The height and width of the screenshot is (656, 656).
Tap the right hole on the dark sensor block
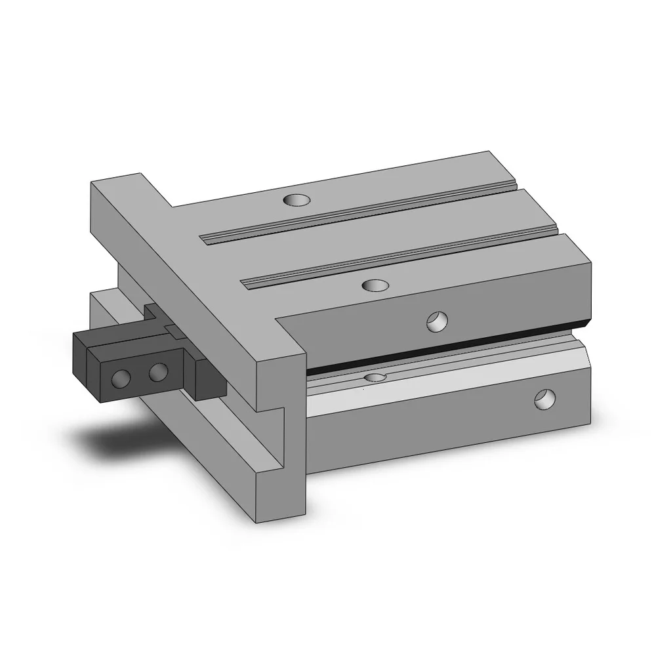click(157, 373)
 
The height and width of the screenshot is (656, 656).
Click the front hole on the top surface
click(375, 285)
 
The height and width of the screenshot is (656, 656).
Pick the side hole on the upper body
click(435, 321)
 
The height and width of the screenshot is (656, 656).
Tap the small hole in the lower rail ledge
click(375, 377)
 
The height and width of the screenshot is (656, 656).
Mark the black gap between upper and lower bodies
click(446, 352)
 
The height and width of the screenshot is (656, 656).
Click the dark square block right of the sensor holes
click(209, 380)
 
